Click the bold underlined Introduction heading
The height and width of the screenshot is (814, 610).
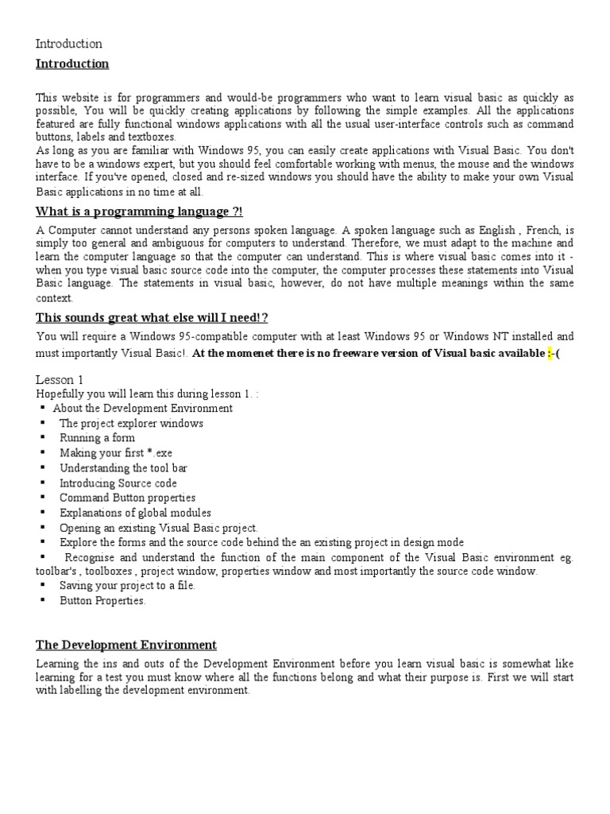click(72, 64)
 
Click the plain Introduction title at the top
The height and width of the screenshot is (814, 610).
click(69, 44)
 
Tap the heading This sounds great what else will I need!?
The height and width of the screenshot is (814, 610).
click(152, 317)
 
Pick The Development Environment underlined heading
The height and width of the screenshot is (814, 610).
click(126, 645)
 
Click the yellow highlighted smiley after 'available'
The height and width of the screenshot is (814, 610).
click(550, 354)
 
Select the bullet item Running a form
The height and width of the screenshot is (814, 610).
click(97, 438)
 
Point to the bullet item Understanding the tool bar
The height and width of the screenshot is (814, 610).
click(123, 468)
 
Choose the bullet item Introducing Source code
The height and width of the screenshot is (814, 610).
click(118, 483)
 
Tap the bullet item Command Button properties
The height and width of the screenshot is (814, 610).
click(127, 498)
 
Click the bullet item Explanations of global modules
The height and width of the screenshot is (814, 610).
click(135, 514)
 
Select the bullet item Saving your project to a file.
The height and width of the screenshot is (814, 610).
click(127, 586)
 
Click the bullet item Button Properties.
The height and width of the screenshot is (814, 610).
click(102, 601)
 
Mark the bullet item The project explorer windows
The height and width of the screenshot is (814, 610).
click(131, 423)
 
